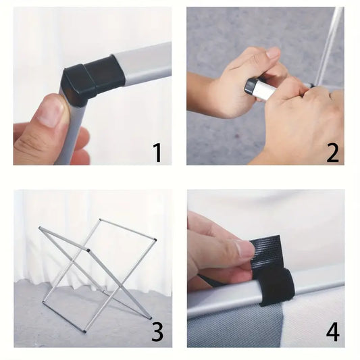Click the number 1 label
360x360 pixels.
158,153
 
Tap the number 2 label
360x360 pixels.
332,153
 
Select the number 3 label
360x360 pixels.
157,332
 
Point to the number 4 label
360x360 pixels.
333,332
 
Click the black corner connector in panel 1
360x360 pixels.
92,79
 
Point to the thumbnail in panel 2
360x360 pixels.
274,54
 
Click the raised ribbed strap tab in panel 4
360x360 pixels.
266,252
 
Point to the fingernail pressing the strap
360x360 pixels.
246,249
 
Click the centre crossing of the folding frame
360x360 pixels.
73,261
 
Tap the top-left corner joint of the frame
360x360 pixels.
40,228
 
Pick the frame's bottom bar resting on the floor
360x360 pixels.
63,317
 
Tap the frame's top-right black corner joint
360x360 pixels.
155,240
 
